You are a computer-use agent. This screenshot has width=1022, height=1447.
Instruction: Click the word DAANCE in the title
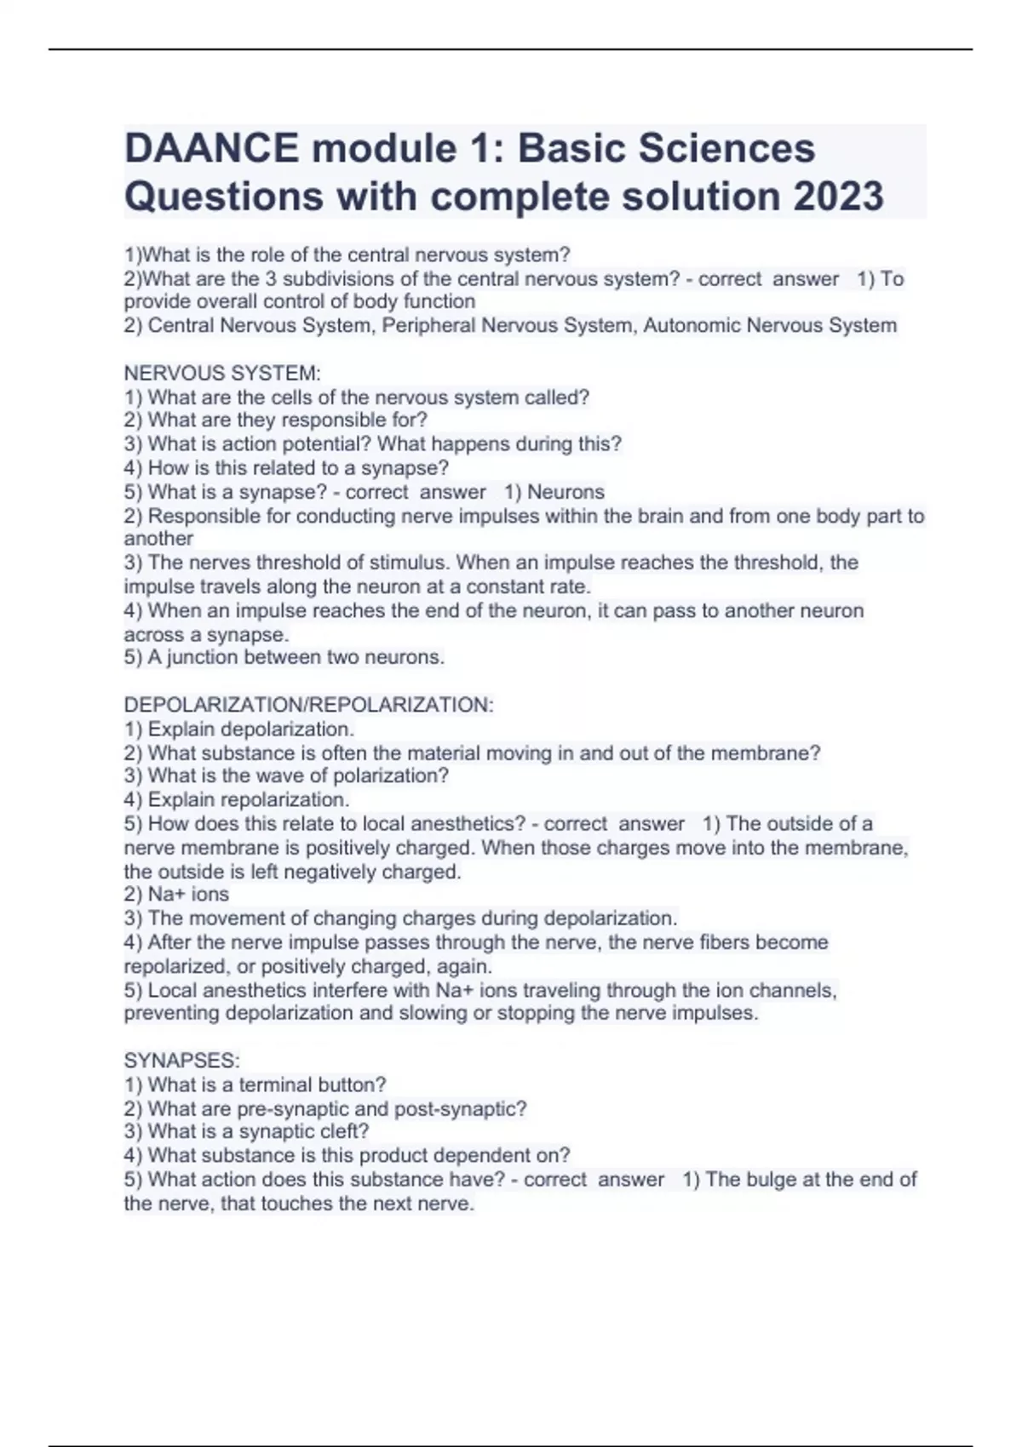coord(211,148)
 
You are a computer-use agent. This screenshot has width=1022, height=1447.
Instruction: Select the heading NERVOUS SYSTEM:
coord(222,373)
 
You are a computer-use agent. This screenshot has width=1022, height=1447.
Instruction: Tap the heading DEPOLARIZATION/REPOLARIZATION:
coord(308,705)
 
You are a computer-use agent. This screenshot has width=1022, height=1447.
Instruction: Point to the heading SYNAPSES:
coord(181,1061)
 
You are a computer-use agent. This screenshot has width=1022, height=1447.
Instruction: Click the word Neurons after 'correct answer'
coord(566,492)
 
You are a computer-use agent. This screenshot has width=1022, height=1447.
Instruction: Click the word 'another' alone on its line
coord(158,539)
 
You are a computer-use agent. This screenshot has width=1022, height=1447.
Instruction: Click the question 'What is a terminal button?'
coord(255,1084)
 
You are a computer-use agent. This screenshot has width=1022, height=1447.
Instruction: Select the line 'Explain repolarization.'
coord(238,800)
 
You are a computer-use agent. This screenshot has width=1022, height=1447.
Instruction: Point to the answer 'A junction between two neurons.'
coord(284,657)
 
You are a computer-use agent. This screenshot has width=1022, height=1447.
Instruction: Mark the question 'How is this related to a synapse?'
coord(287,468)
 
